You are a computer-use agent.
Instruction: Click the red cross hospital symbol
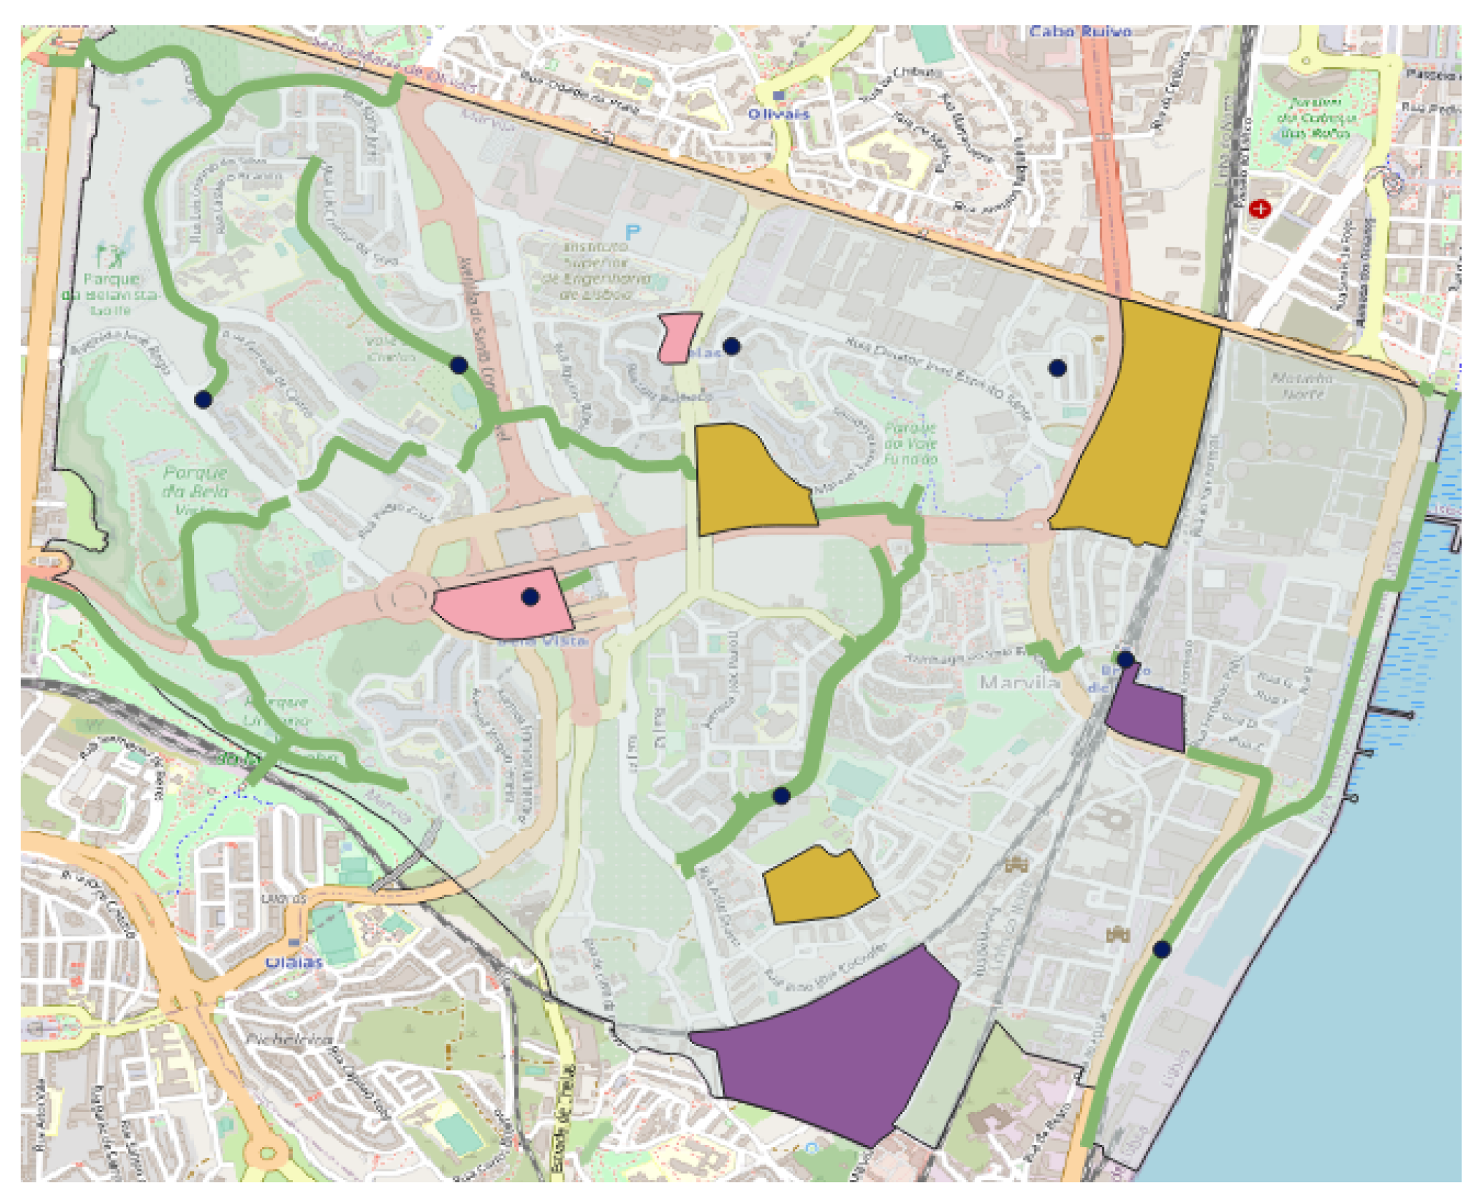click(1259, 208)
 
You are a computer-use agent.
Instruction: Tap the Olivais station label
click(778, 114)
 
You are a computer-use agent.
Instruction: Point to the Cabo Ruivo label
click(1079, 32)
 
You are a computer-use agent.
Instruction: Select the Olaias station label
click(293, 962)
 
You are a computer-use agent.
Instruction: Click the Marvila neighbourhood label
click(1019, 682)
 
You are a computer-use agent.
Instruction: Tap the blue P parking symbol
click(632, 232)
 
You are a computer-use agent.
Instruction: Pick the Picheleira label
click(289, 1039)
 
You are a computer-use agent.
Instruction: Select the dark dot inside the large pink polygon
click(530, 597)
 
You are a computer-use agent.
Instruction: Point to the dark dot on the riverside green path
click(1162, 949)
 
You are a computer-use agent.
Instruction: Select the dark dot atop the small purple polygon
click(1126, 659)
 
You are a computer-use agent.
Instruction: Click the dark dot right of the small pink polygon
click(731, 346)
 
